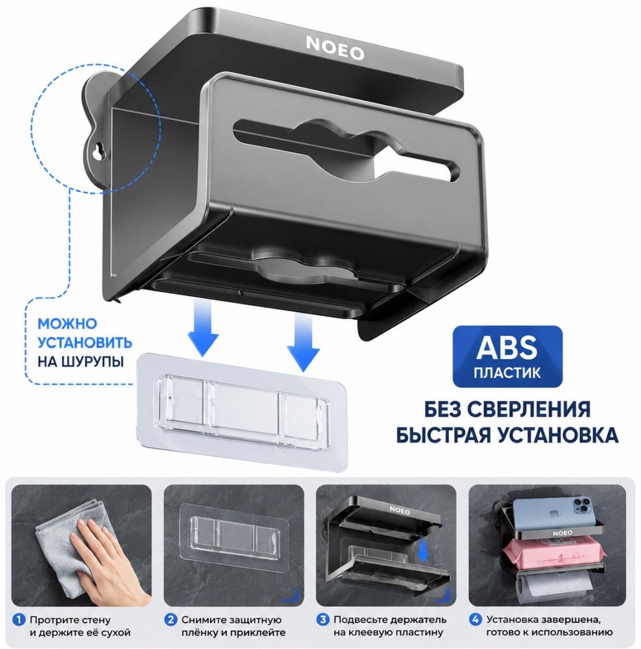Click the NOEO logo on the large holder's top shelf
[x=335, y=48]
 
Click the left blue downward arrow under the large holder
[x=203, y=328]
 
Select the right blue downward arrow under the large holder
[x=304, y=343]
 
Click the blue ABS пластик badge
[x=507, y=356]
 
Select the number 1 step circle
[x=18, y=620]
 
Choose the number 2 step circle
[x=170, y=620]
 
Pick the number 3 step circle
[x=323, y=620]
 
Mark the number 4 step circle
[x=475, y=620]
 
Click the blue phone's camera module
[x=580, y=506]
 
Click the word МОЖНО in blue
[x=67, y=323]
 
